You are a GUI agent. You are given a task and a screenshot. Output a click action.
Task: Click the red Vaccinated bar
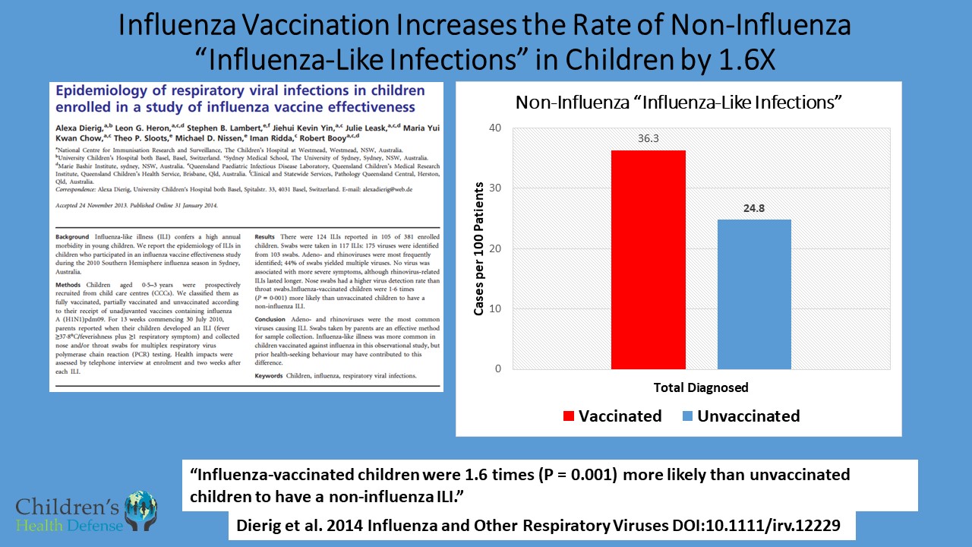(x=648, y=260)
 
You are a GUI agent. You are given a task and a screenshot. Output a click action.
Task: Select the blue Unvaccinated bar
(x=754, y=295)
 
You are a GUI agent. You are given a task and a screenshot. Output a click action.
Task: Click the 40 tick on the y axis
(x=495, y=128)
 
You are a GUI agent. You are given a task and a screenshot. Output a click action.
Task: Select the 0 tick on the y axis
(x=497, y=369)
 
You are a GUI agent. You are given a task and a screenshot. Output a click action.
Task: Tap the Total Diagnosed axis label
(x=701, y=387)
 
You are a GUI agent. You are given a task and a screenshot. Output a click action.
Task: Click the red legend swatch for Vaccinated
(x=567, y=416)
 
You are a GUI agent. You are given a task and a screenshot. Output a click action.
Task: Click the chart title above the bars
(x=679, y=103)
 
